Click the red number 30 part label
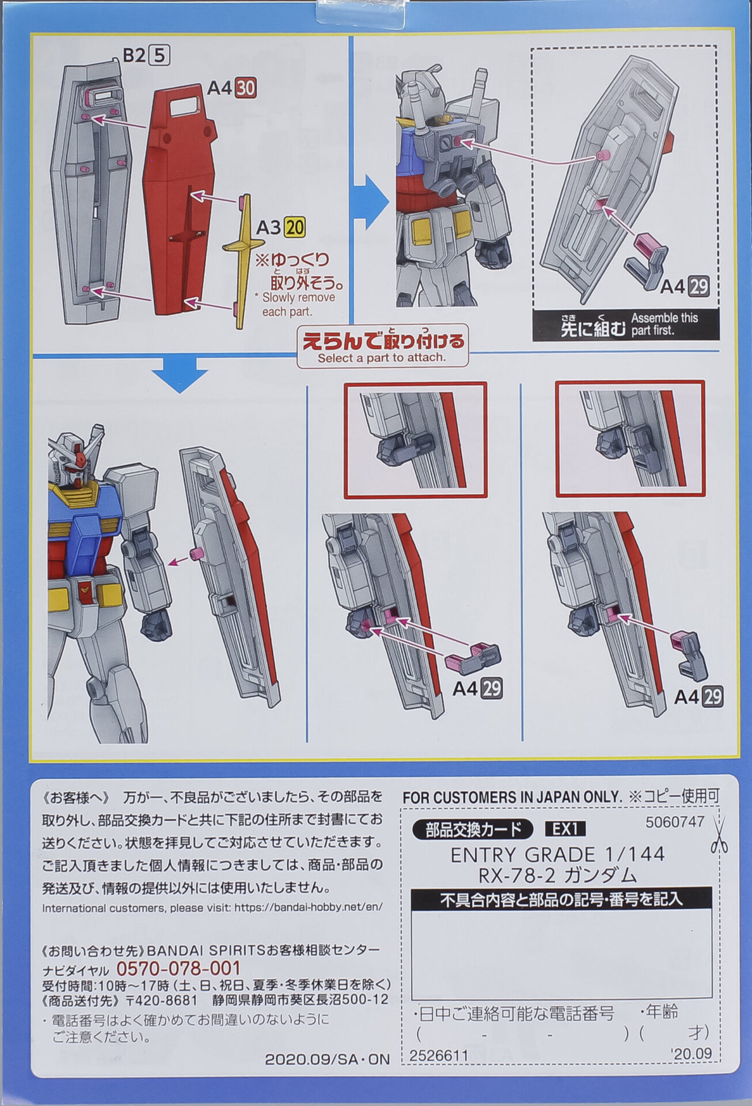pos(246,88)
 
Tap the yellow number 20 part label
pos(295,228)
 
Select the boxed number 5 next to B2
pos(159,55)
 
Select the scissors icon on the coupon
pos(719,835)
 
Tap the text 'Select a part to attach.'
pos(382,358)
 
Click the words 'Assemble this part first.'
pos(664,324)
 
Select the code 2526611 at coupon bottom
pos(439,1055)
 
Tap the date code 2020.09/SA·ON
pos(327,1059)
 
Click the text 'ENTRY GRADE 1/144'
pos(557,854)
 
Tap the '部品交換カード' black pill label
pos(473,829)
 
